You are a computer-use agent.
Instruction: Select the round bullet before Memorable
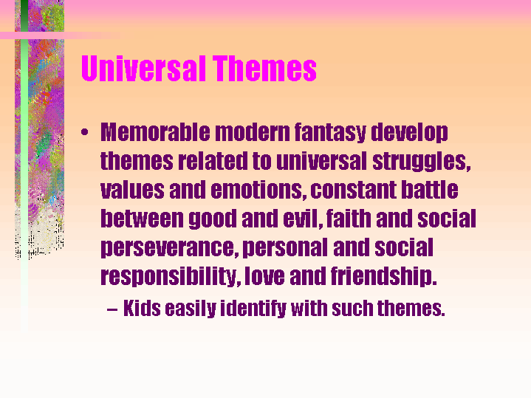pos(86,134)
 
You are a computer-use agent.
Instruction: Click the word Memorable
pos(155,133)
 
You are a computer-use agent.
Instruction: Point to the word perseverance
pos(167,248)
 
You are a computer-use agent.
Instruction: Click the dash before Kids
pos(112,308)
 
